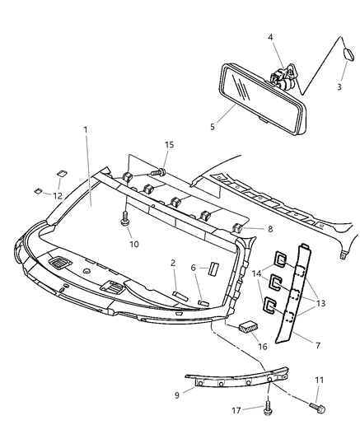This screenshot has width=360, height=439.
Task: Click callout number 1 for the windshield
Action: click(x=86, y=130)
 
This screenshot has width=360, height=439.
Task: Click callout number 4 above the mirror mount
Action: click(x=271, y=36)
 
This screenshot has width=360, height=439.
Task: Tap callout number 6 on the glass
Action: click(x=193, y=268)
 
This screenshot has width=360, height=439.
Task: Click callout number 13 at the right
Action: click(x=320, y=303)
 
